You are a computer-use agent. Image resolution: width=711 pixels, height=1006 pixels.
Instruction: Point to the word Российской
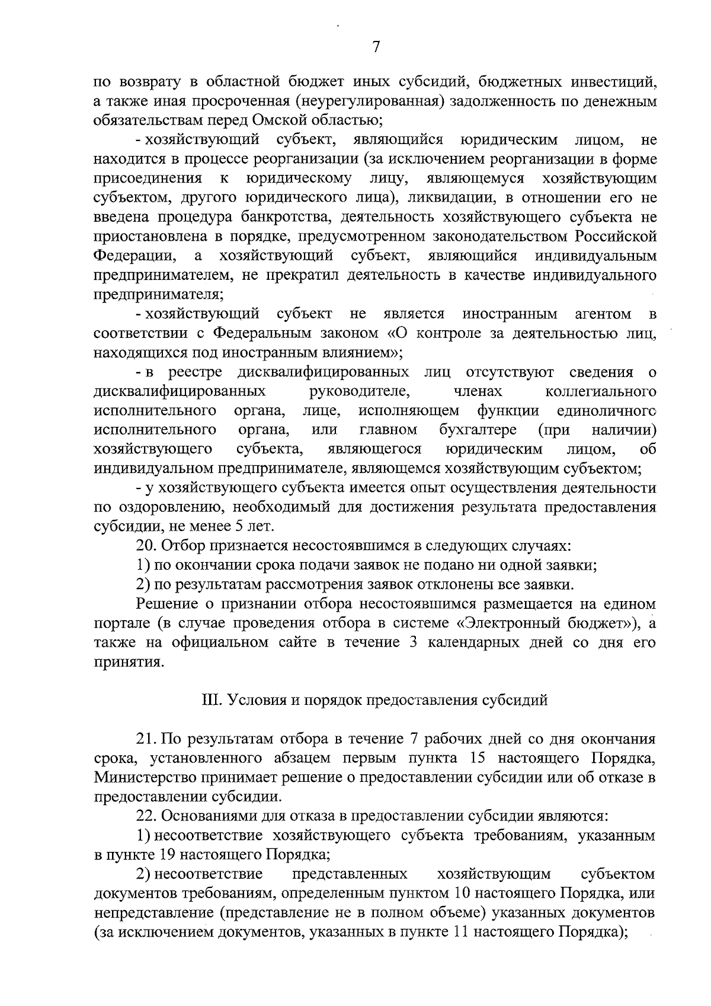point(615,237)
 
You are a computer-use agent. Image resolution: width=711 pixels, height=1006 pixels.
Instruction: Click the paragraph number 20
point(146,545)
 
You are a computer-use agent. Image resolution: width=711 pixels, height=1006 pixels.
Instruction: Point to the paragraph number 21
point(146,739)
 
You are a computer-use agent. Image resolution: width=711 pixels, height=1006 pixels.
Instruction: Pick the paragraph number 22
point(146,816)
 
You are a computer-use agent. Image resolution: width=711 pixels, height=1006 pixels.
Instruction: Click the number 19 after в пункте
point(167,855)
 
